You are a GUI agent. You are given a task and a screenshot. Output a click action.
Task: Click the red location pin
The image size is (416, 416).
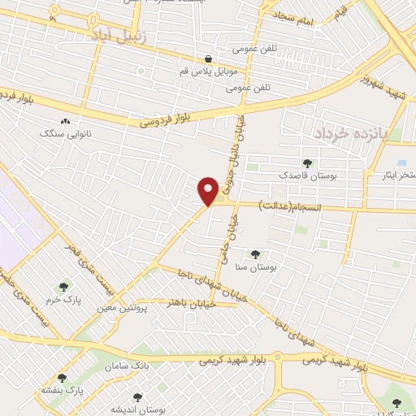coord(209,190)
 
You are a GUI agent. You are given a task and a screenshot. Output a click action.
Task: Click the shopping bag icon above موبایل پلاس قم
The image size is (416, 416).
coord(209,58)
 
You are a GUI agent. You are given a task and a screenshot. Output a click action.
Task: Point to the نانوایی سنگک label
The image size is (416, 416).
coord(74,132)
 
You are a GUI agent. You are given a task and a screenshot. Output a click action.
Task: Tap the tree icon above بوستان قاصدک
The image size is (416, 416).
coord(307,163)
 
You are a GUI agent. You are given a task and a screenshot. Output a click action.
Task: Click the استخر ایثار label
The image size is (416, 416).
coord(396,175)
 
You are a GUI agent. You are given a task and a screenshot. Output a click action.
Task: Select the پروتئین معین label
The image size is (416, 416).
coord(127,309)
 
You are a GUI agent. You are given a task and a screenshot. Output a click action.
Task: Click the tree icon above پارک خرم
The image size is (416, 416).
coord(63,287)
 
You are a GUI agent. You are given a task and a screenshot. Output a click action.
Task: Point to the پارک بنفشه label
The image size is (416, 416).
coord(63,390)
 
